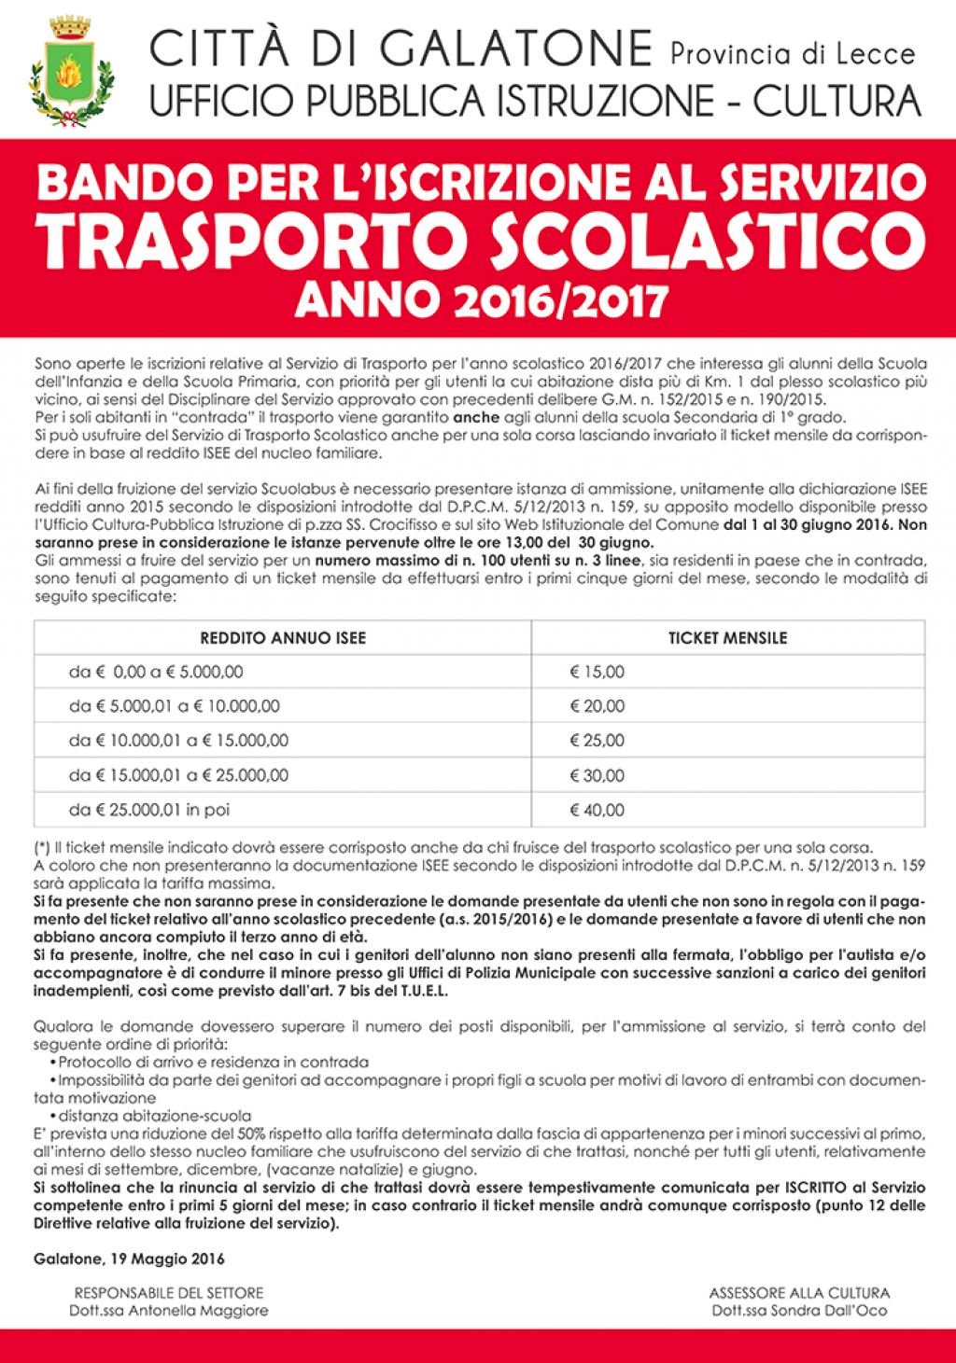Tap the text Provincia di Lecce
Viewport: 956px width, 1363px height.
click(793, 54)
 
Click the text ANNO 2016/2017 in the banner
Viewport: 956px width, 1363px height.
click(482, 300)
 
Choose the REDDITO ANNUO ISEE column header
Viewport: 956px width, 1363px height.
click(283, 638)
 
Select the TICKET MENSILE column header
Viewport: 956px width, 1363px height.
click(727, 638)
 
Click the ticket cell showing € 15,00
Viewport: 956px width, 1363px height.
click(597, 672)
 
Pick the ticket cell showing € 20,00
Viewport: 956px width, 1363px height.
click(597, 706)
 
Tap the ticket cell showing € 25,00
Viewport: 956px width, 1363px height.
click(597, 741)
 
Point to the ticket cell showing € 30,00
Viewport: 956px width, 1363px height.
click(597, 775)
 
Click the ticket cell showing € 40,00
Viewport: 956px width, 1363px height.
click(597, 810)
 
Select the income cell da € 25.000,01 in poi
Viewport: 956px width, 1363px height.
click(149, 810)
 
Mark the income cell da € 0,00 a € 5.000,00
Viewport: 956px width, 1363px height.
click(156, 672)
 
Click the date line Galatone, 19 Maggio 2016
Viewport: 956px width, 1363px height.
click(129, 1259)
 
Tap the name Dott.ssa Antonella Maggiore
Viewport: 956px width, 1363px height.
click(168, 1310)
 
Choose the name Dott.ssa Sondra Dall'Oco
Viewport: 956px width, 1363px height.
click(799, 1310)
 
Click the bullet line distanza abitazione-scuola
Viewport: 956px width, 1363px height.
click(154, 1116)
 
